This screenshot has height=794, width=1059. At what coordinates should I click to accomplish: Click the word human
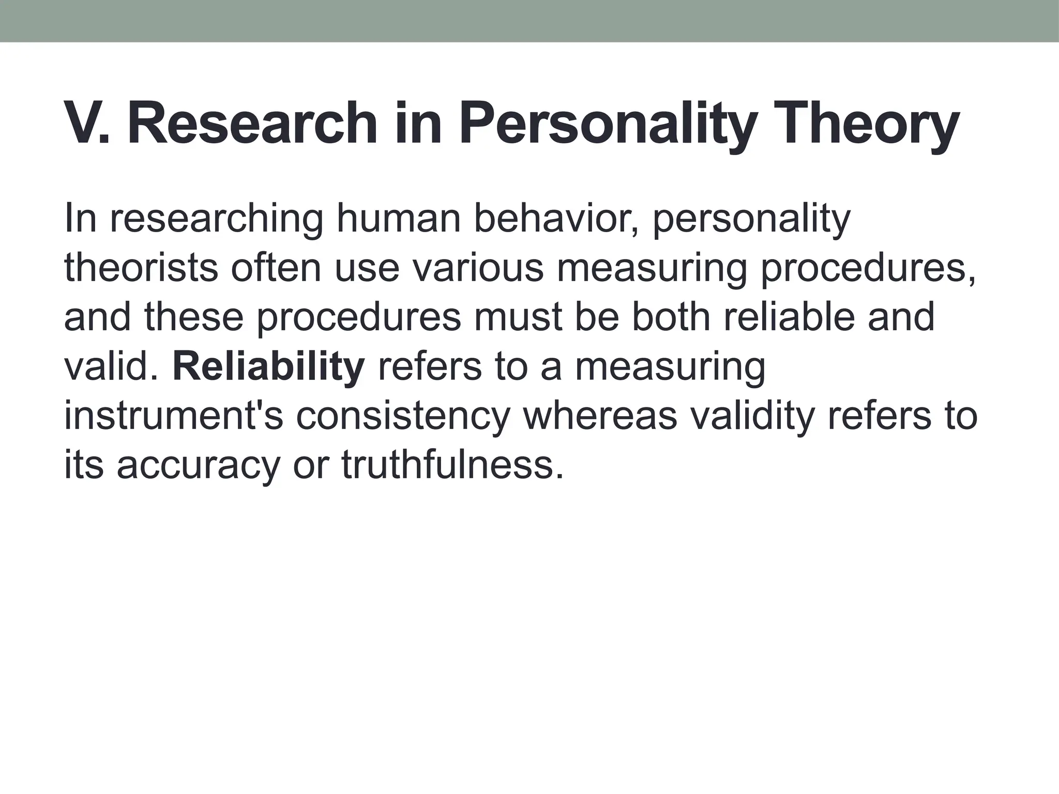click(398, 219)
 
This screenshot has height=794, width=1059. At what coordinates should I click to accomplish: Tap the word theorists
click(141, 268)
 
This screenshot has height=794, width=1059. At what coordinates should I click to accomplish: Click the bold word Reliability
click(268, 366)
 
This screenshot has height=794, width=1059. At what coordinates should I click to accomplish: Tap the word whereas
click(600, 415)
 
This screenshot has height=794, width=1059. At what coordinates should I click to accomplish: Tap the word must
click(518, 317)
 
